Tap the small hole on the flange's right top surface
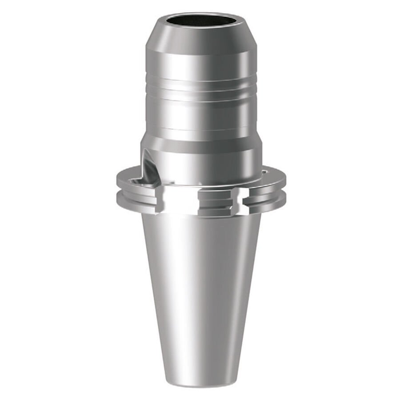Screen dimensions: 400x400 pyautogui.click(x=265, y=171)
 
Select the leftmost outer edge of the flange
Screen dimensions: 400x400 pyautogui.click(x=118, y=191)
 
